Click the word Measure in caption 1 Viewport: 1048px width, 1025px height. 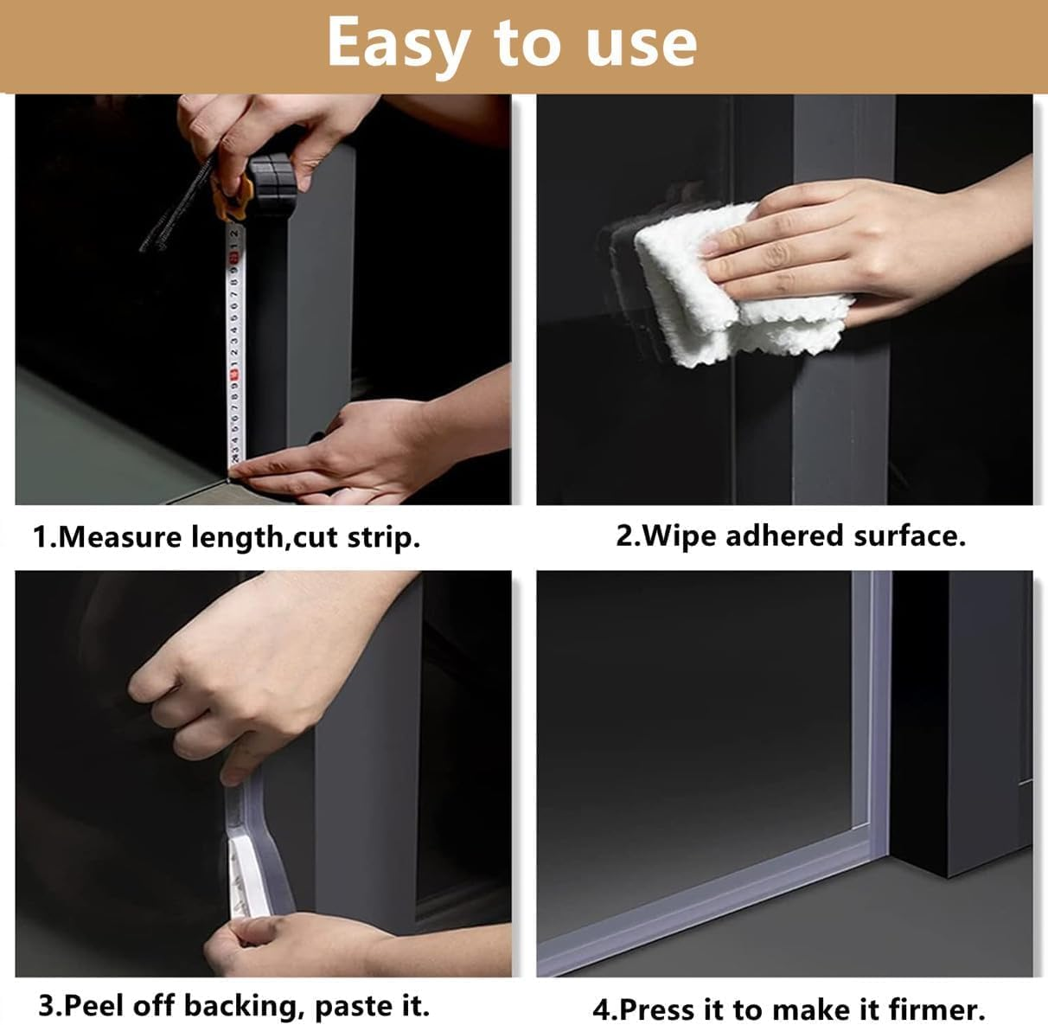point(120,537)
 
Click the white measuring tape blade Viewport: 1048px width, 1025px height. point(233,346)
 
